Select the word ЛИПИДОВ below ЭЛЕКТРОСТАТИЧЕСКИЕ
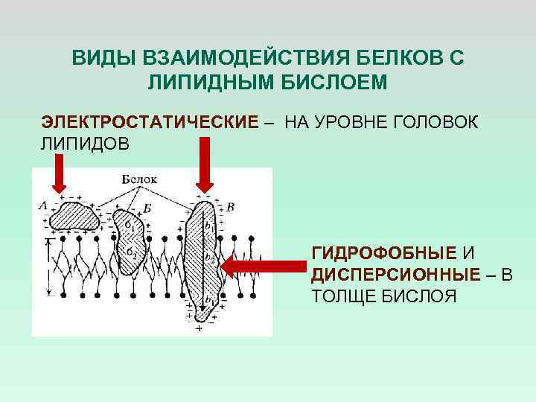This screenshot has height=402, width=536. [85, 142]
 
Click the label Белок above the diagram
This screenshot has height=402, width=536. [139, 179]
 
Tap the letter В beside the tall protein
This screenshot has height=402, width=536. [231, 206]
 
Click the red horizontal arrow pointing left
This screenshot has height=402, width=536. [265, 267]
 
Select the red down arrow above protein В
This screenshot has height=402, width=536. [204, 167]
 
